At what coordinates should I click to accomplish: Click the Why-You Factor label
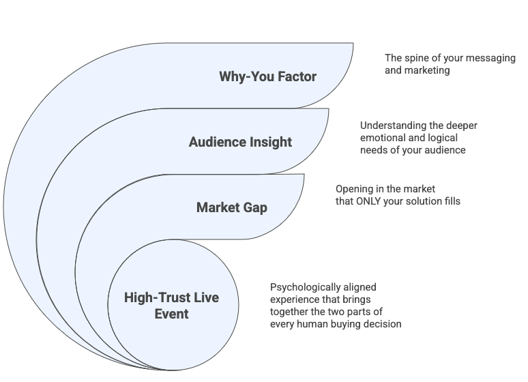267,76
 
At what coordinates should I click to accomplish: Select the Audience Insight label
240,142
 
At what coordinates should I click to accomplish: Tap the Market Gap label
231,207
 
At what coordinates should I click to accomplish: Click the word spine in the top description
417,59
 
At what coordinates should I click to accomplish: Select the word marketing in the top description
427,70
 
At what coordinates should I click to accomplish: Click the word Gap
254,207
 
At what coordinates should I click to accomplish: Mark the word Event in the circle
171,314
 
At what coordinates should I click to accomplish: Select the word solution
425,201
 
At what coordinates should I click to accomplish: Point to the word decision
381,323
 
